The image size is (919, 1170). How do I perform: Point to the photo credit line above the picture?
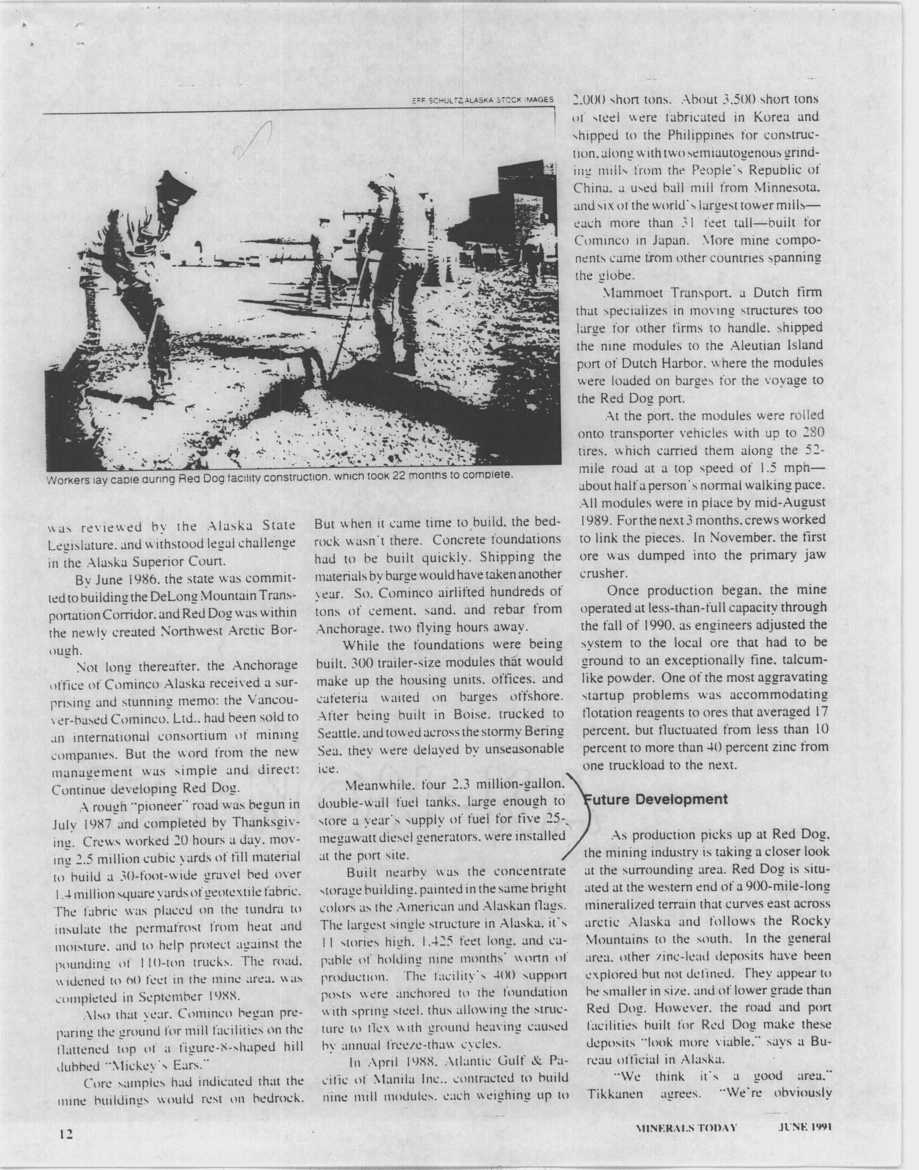pyautogui.click(x=481, y=100)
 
